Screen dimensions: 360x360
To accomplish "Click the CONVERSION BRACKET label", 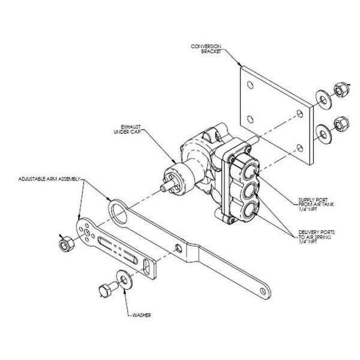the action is click(x=206, y=49).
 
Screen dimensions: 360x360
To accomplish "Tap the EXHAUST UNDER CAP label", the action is click(x=127, y=130).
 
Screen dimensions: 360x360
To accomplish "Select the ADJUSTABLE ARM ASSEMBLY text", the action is click(x=49, y=179).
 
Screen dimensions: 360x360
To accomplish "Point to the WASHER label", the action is click(x=142, y=315).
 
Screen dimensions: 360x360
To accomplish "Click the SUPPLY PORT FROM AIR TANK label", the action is click(x=316, y=205).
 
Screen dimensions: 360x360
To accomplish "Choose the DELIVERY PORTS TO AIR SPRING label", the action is click(x=316, y=237).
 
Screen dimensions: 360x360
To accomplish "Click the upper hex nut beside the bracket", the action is click(x=341, y=89).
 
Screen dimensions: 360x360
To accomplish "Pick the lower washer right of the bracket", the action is click(x=323, y=134).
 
